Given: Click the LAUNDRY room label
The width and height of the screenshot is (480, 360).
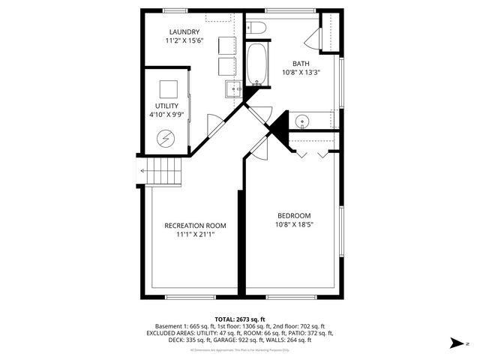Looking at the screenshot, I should point(184,31).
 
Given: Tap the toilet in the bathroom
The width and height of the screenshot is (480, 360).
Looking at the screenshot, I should point(256,28).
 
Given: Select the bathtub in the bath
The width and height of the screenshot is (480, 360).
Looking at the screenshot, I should point(256,64).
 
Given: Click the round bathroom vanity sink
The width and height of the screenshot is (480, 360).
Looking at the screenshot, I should point(302,120).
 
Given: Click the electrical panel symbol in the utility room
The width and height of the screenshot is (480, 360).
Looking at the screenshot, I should point(166,138).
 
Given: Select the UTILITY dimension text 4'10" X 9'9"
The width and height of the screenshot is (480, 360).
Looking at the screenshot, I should point(166,115).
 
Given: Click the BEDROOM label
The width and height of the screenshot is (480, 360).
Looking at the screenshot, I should point(294,215).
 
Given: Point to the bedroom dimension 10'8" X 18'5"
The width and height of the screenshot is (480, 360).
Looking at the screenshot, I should point(294,224).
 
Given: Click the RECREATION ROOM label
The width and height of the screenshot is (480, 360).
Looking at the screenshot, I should point(195,225).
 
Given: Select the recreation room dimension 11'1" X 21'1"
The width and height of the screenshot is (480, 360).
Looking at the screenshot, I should point(195,234).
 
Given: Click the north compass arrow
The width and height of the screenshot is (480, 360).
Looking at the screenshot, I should point(454,343).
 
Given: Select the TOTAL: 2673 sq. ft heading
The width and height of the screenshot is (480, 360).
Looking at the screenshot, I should point(239,319).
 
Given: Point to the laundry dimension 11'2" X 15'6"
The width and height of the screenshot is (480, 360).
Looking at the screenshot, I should point(184,40).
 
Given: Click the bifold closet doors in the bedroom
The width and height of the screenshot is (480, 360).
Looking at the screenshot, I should point(310,153).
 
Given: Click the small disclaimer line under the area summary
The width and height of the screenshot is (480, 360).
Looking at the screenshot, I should point(239,350).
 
